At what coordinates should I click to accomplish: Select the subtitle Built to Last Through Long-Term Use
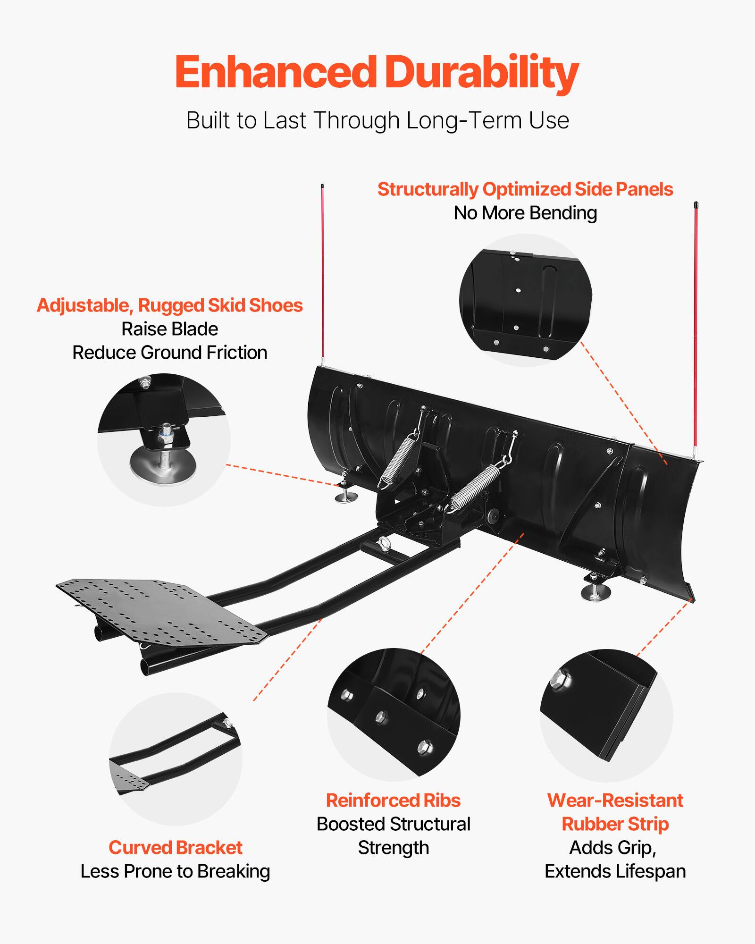pos(377,120)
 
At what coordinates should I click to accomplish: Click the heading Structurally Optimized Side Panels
pos(525,189)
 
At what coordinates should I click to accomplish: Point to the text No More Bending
pos(525,213)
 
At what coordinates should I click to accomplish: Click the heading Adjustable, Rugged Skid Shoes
pos(170,305)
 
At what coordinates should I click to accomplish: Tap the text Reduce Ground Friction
pos(170,353)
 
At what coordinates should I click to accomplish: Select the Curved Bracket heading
pos(175,848)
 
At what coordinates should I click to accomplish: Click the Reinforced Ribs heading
pos(393,801)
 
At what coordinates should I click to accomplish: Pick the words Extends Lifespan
pos(615,871)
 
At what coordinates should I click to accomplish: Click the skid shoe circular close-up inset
pos(164,440)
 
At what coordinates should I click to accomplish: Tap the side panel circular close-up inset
pos(525,300)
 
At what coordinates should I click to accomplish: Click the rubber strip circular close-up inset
pos(606,715)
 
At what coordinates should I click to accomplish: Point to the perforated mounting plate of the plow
pos(160,609)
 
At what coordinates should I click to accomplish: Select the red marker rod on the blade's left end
pos(323,274)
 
